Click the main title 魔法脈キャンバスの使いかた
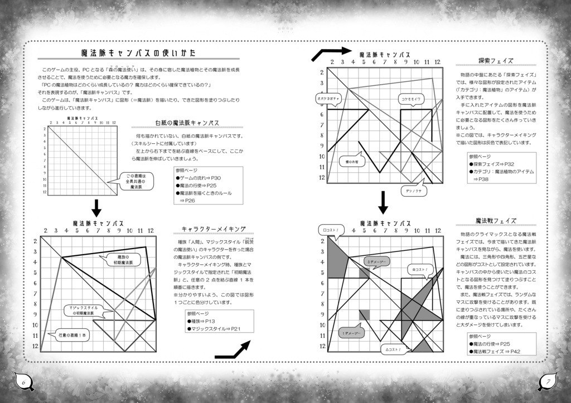(x=138, y=54)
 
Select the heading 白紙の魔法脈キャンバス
(x=187, y=123)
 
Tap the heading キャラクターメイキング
(x=214, y=229)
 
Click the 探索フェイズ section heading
(x=495, y=60)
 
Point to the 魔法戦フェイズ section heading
(x=495, y=221)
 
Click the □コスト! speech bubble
(x=331, y=230)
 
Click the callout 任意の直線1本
(x=72, y=335)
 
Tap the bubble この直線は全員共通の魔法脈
(x=136, y=182)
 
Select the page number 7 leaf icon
(x=547, y=382)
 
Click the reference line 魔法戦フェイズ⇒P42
(x=496, y=352)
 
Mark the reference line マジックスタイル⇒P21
(x=215, y=328)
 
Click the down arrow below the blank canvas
(x=96, y=208)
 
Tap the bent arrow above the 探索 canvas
(x=331, y=53)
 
